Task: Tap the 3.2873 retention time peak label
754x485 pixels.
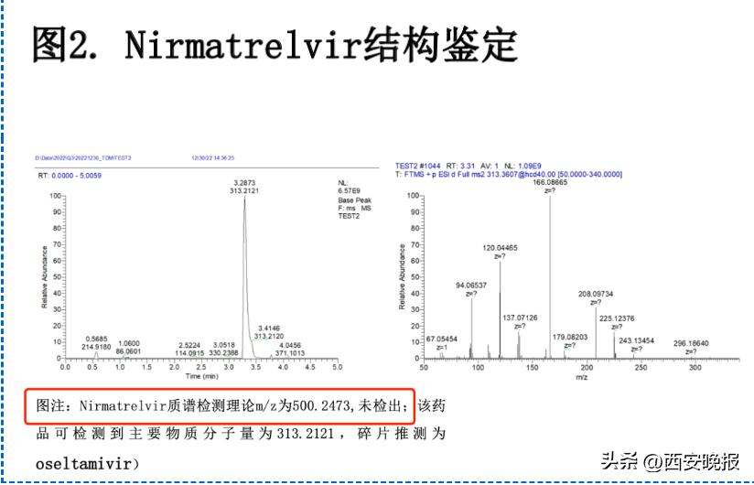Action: [x=244, y=183]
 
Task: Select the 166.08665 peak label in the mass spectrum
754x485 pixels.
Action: [x=550, y=183]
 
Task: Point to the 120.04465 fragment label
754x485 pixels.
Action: [x=500, y=247]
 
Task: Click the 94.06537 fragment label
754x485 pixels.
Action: [x=472, y=286]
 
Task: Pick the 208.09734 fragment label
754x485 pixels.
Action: [x=597, y=294]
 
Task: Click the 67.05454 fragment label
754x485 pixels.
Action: [x=441, y=339]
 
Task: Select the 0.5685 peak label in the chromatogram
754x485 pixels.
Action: [x=96, y=339]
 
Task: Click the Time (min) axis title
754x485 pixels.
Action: [x=201, y=375]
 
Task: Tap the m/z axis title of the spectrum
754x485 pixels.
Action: [x=580, y=375]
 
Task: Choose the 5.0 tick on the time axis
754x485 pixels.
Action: [x=337, y=366]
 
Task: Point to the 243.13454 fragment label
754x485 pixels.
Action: [x=637, y=340]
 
